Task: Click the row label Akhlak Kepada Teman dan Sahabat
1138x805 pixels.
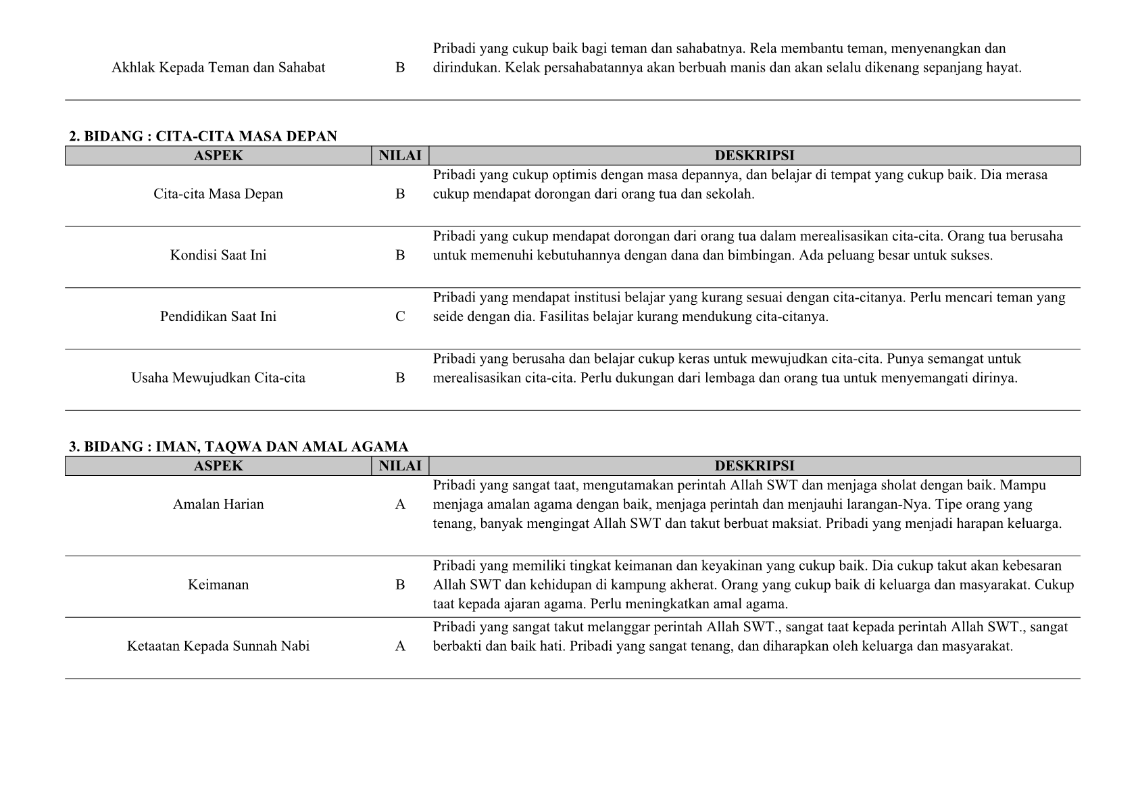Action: [x=218, y=68]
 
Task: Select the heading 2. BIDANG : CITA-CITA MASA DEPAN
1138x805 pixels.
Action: [x=203, y=137]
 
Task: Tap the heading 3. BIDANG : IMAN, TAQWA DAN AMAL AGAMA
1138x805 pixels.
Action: [x=239, y=447]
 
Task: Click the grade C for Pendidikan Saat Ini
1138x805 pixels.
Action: [x=400, y=316]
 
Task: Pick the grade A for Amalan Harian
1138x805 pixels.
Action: [x=400, y=504]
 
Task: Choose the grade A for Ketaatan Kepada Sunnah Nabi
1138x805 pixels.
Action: [x=400, y=646]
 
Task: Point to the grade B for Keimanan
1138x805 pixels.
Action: [x=400, y=585]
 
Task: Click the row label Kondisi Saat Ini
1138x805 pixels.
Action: [x=218, y=255]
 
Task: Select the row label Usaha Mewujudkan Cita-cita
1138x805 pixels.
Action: [x=218, y=378]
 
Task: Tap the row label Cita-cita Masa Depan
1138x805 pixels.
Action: [x=218, y=194]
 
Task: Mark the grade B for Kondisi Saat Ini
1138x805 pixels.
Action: [x=400, y=255]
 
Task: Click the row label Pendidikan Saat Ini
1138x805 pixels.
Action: [x=218, y=316]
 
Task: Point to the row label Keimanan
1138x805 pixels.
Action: [x=218, y=585]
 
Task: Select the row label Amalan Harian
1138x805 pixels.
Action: [x=218, y=504]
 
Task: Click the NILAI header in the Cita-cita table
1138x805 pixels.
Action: [x=400, y=156]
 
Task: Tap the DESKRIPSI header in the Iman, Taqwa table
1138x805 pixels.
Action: [x=754, y=466]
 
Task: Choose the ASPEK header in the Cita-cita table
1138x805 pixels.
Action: [x=218, y=156]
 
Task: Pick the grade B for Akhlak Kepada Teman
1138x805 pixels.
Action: [x=400, y=68]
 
